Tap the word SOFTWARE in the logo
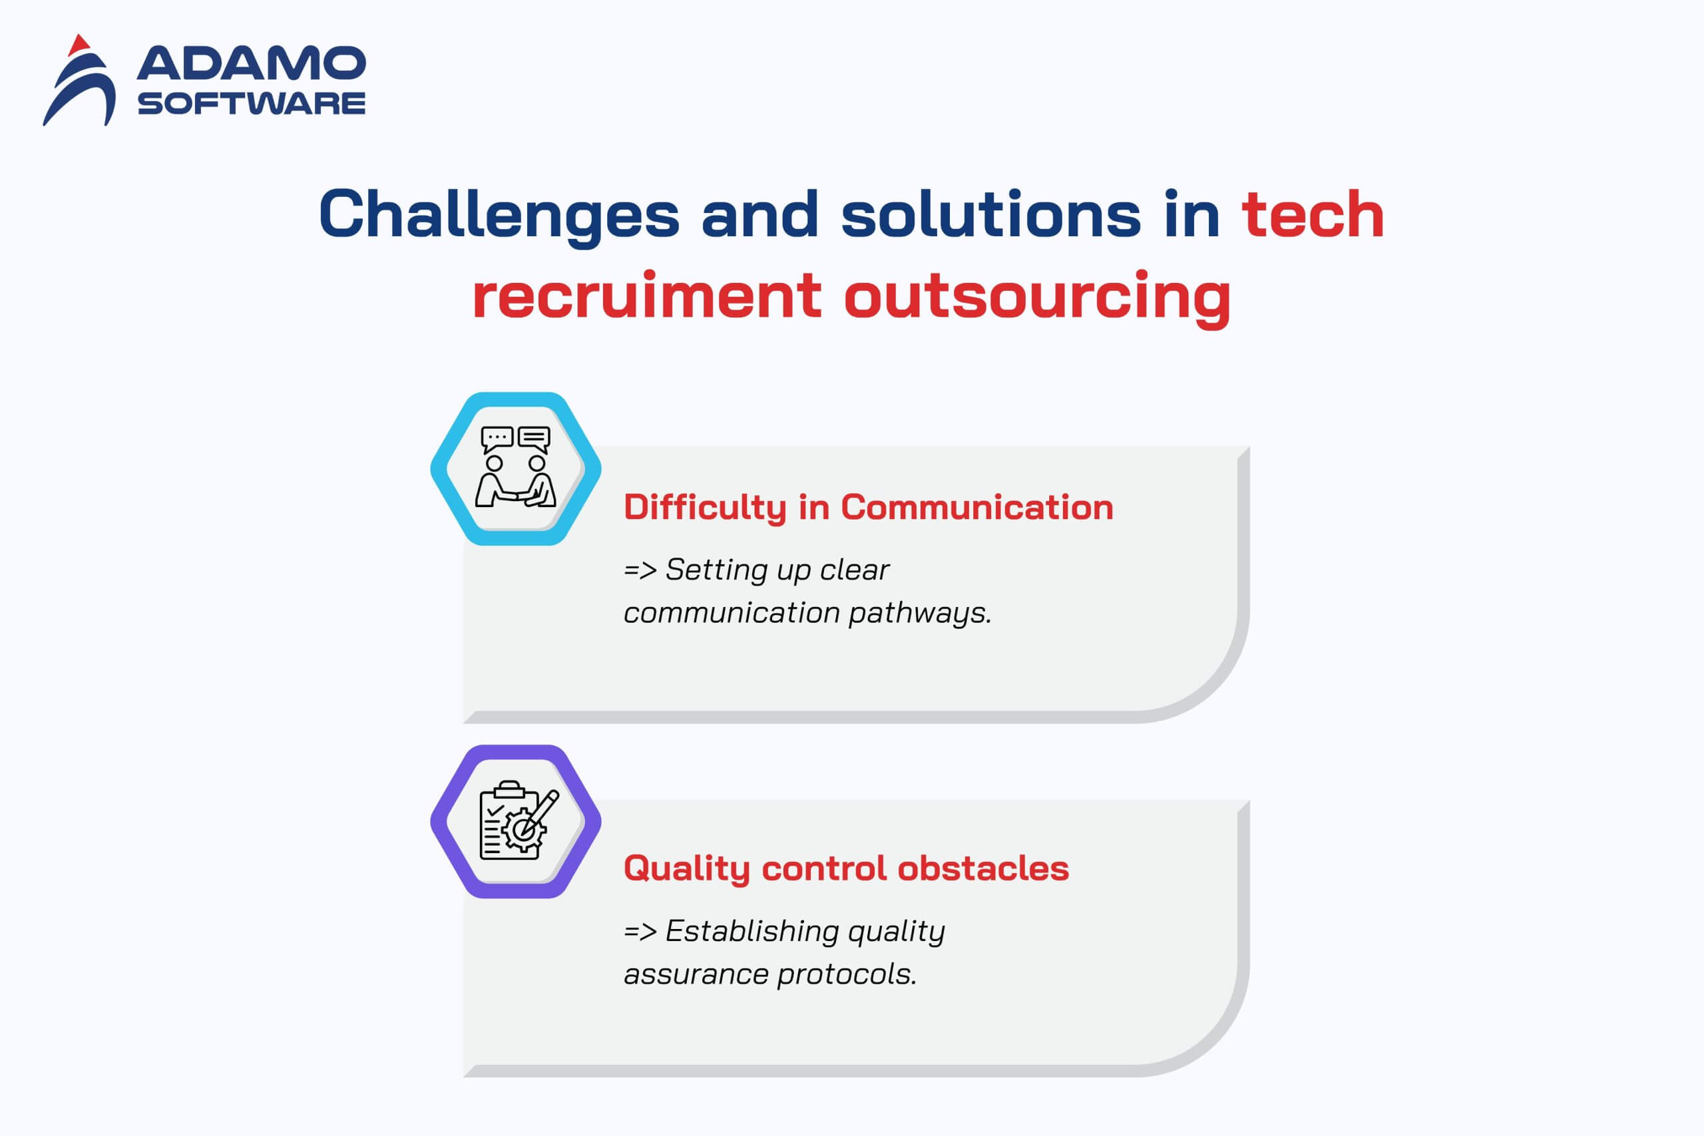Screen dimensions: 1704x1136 coord(252,104)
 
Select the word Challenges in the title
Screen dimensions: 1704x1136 coord(499,215)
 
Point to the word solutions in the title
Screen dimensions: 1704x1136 coord(990,214)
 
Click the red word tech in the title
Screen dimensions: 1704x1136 coord(1313,215)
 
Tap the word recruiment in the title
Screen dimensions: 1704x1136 coord(647,295)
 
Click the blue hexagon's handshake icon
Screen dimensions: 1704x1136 coord(515,467)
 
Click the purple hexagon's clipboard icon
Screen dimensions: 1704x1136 coord(519,820)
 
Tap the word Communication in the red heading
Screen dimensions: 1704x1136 coord(976,507)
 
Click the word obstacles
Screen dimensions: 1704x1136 coord(983,868)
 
